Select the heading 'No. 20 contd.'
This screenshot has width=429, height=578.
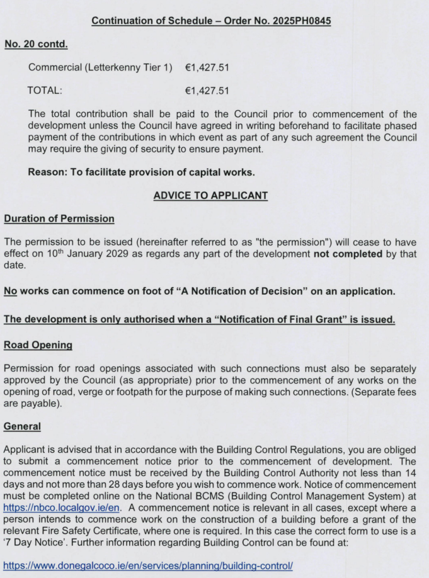click(x=36, y=45)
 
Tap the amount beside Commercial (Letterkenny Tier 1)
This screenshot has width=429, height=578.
click(x=207, y=67)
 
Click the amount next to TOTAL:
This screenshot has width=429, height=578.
click(x=207, y=91)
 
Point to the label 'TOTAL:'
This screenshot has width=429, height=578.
click(x=45, y=91)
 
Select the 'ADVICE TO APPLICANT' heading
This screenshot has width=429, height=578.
click(x=210, y=196)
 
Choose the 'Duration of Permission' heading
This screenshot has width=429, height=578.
click(x=59, y=219)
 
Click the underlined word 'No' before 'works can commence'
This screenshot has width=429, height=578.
click(x=11, y=292)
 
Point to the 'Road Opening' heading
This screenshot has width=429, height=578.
click(x=38, y=345)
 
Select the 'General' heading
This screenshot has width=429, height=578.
click(x=22, y=426)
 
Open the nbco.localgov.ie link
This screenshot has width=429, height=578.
click(x=59, y=506)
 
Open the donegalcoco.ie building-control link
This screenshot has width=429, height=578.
click(x=148, y=565)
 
